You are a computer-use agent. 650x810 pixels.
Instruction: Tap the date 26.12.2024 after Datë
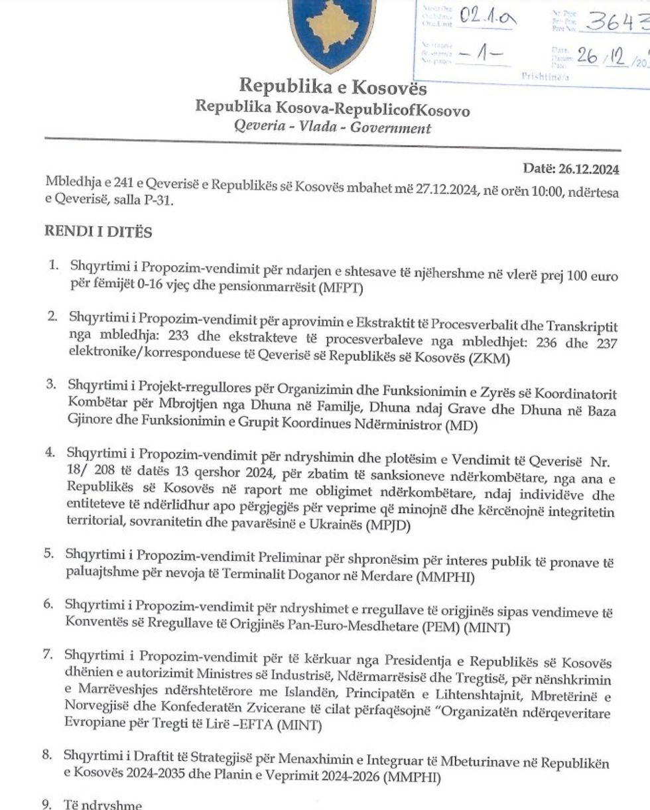coord(592,170)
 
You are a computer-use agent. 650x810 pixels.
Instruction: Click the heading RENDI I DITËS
coord(97,232)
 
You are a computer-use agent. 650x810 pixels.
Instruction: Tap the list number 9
coord(46,805)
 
